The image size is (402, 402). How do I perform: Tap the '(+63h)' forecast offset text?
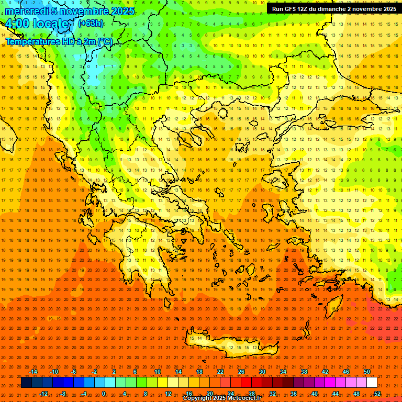pos(91,23)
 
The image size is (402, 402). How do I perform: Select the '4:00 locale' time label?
pos(37,24)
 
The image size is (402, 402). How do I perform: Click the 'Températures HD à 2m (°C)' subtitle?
pos(59,41)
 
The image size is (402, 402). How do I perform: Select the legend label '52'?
pos(377,393)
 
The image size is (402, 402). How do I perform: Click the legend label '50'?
pos(367,372)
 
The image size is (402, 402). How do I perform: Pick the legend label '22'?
pos(220,372)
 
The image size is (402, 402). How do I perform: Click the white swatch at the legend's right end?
pos(372,383)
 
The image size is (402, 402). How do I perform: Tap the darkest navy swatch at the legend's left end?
pos(26,383)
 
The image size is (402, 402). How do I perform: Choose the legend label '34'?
pos(283,372)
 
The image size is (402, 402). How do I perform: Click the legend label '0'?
pos(103,393)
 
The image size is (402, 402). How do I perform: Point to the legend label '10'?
pos(158,372)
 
